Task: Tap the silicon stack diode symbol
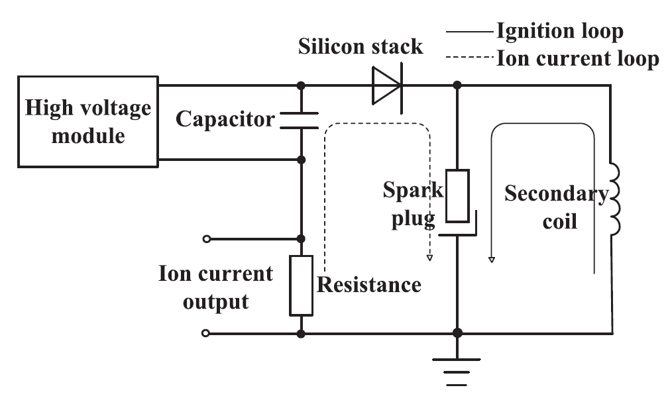coord(387,85)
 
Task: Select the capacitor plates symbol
coord(300,121)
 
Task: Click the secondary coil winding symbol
coord(615,199)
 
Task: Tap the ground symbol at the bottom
coord(457,372)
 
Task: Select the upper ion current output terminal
coord(207,239)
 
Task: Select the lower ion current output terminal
coord(205,333)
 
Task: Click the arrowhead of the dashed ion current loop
coord(430,258)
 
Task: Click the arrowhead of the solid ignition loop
coord(492,260)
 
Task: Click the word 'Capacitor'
coord(225,119)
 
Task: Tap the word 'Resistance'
coord(369,285)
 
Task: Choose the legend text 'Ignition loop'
coord(560,31)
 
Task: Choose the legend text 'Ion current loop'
coord(578,58)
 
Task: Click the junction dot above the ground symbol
coord(457,333)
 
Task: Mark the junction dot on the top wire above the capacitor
coord(301,85)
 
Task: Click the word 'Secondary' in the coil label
coord(557,194)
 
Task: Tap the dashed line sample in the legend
coord(470,57)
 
